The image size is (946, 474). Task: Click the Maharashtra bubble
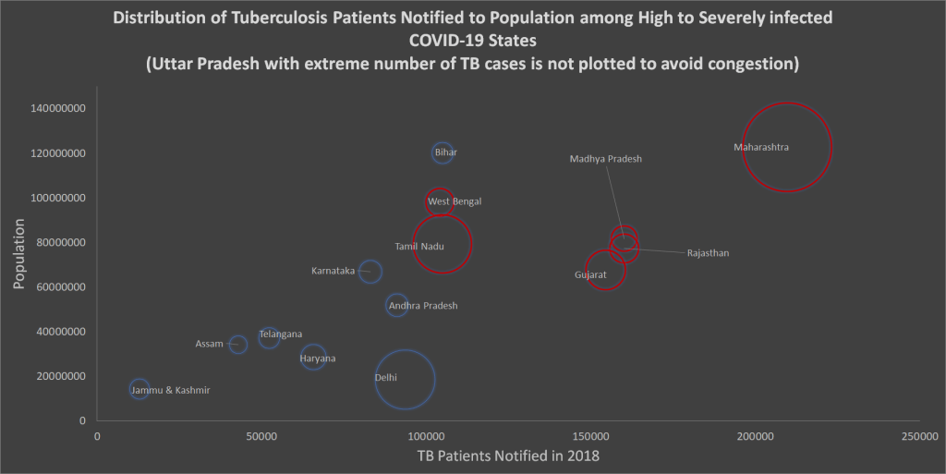click(787, 147)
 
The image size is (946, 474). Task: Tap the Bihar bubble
click(443, 152)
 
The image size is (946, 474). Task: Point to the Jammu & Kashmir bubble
click(139, 389)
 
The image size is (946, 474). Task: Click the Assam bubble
click(238, 344)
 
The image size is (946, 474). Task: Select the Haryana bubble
click(314, 357)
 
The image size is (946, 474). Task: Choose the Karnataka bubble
click(370, 272)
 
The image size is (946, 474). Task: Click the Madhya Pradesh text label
click(605, 159)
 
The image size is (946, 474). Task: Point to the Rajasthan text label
click(708, 253)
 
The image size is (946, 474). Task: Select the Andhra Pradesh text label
click(423, 306)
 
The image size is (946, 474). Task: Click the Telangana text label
click(281, 334)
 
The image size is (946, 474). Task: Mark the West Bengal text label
click(455, 201)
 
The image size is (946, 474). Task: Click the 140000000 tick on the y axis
click(59, 108)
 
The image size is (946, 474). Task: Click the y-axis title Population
click(18, 256)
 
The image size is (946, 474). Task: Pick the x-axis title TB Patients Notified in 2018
click(508, 456)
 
